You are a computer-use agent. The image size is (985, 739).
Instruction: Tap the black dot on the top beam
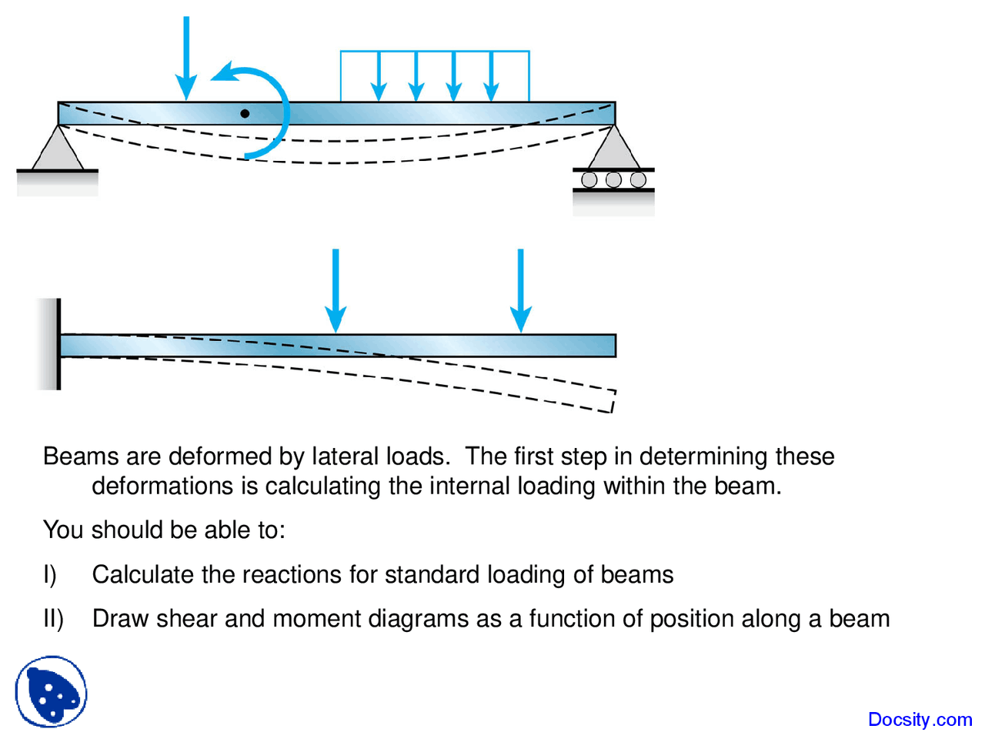pyautogui.click(x=245, y=113)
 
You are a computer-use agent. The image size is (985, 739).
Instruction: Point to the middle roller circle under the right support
pyautogui.click(x=613, y=180)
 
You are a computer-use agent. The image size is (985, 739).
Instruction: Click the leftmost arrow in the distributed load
pyautogui.click(x=378, y=77)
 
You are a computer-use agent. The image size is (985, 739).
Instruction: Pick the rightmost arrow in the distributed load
pyautogui.click(x=491, y=77)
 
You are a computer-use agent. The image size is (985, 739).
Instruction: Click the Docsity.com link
pyautogui.click(x=920, y=720)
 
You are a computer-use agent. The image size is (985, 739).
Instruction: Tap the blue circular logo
pyautogui.click(x=51, y=692)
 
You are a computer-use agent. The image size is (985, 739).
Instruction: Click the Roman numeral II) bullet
pyautogui.click(x=53, y=619)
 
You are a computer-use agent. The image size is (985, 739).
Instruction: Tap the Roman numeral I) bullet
pyautogui.click(x=49, y=575)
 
